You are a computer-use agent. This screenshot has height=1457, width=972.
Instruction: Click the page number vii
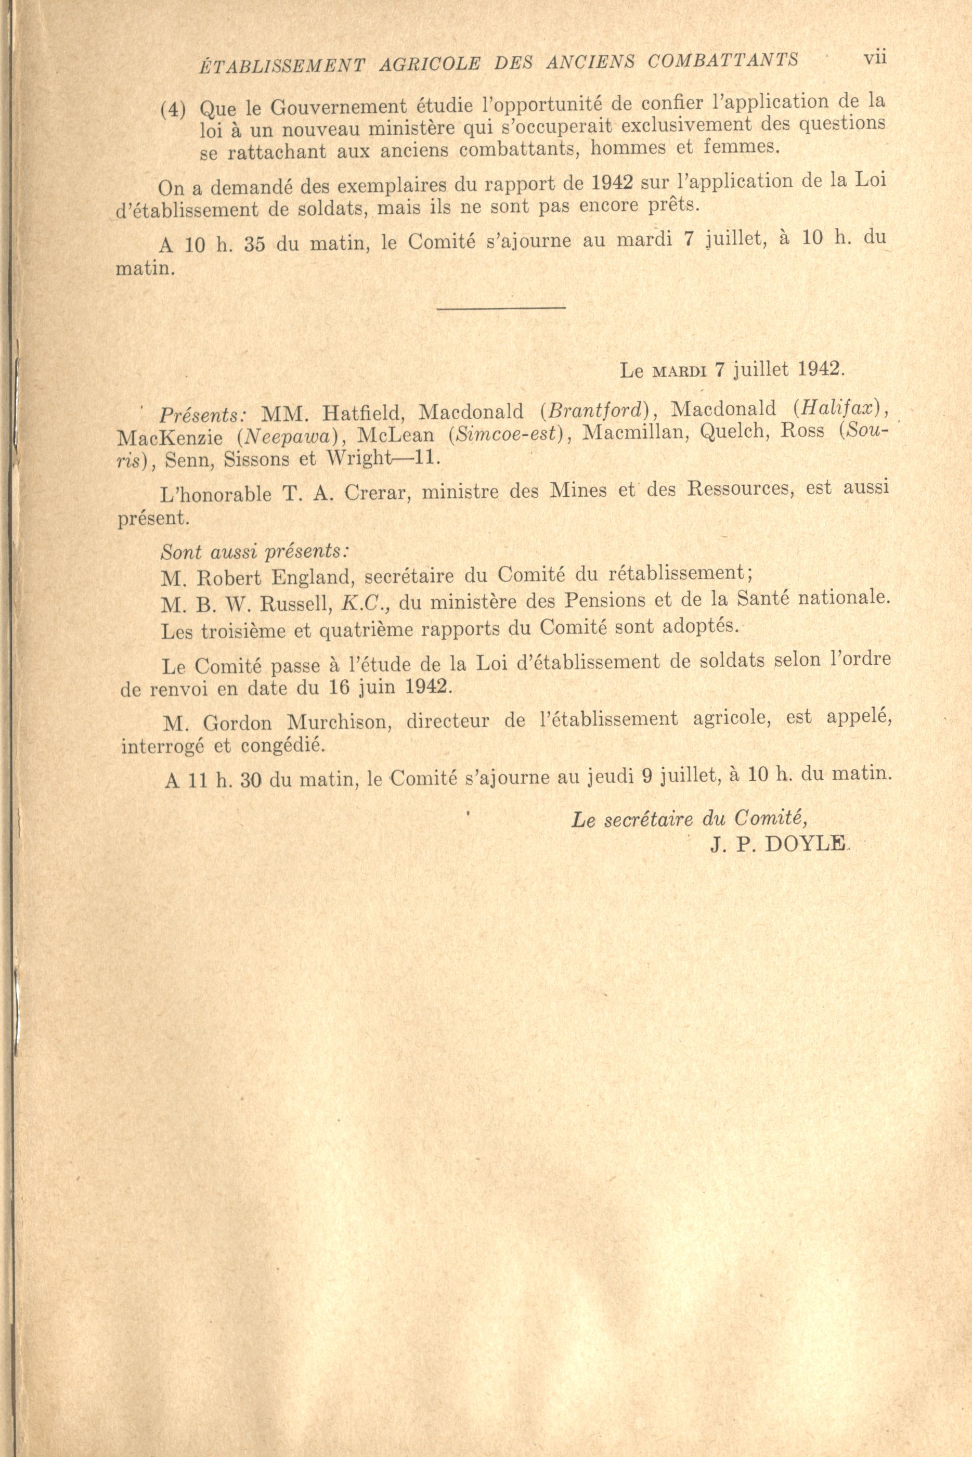coord(875,57)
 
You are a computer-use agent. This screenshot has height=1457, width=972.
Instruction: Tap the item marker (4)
coord(173,110)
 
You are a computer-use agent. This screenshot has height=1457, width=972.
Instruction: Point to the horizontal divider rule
coord(501,307)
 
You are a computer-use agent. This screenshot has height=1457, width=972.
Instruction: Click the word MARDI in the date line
coord(679,371)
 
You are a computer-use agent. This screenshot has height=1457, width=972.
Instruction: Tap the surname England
coord(300,578)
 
